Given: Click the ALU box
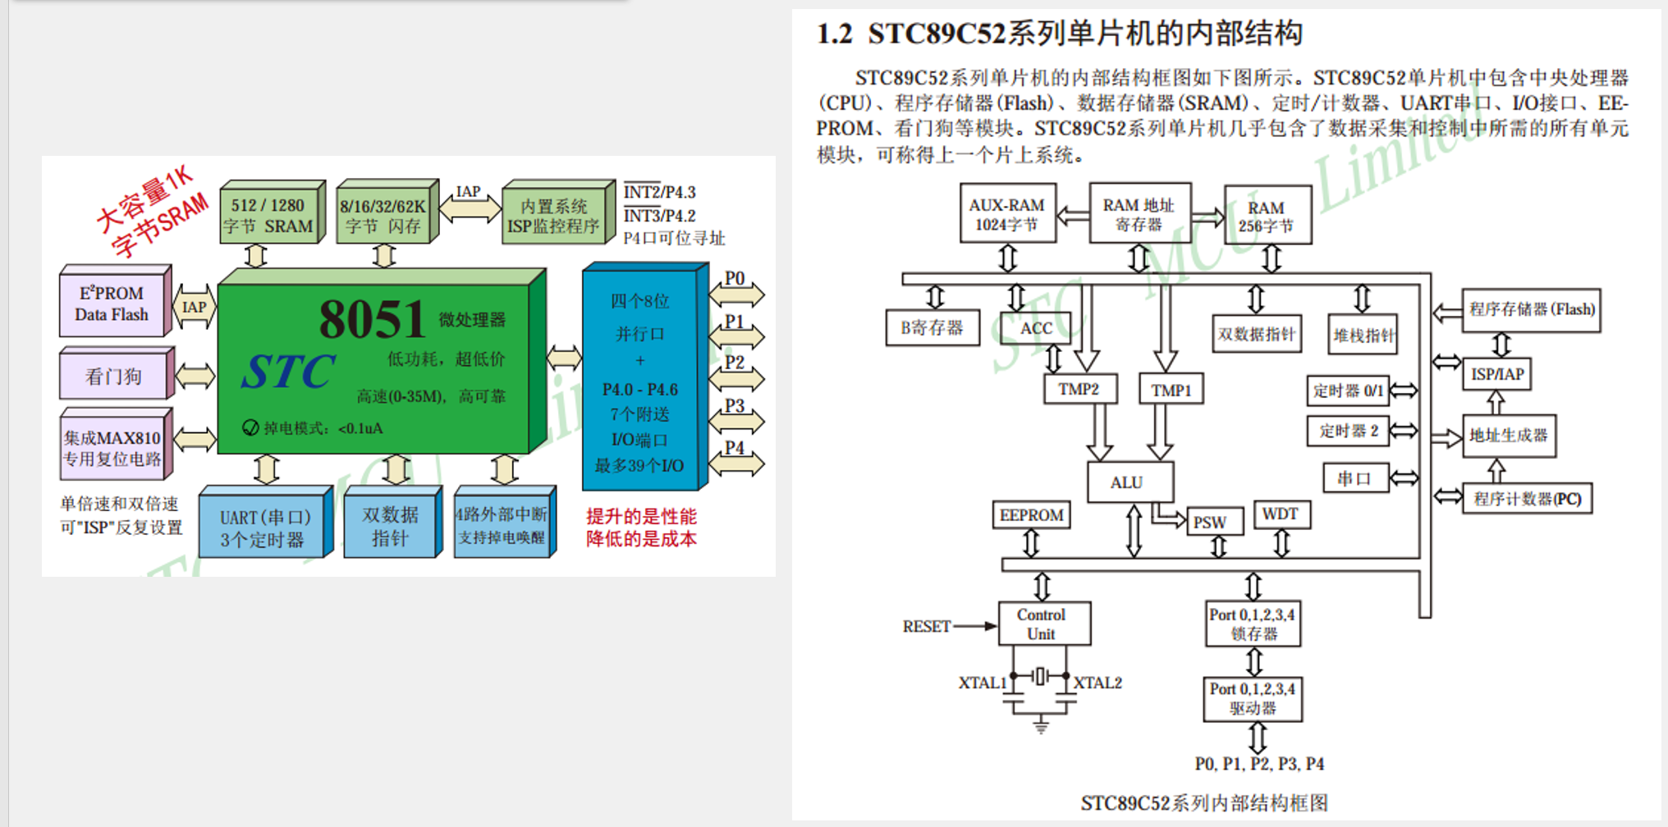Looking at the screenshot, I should pos(1130,482).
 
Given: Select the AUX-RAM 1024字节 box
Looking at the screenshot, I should pos(1007,214).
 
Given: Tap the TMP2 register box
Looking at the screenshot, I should pos(1079,389).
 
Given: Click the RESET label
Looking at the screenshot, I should pos(926,627).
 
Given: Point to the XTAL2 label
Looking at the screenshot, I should pos(1097,683).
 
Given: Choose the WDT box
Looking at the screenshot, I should pos(1281,514).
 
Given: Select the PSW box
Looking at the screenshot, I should pos(1211,523).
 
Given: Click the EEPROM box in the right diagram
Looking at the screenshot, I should pos(1031,515).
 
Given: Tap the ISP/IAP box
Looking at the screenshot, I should pos(1496,375).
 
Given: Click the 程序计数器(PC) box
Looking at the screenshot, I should pos(1527,499).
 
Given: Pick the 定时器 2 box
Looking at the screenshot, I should pos(1348,431).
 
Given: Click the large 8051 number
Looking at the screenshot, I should pos(372,320).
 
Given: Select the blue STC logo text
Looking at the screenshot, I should pos(287,372).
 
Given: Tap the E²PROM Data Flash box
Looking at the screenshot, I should pos(112,304).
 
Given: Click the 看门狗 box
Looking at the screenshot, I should pos(114,377).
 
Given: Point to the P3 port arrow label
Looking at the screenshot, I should pos(735,406).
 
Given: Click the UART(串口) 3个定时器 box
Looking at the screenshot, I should pos(263,528).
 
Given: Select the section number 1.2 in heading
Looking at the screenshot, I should pos(834,34).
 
